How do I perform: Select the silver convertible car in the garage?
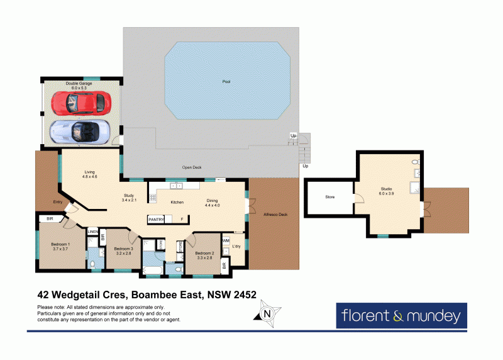coord(80,131)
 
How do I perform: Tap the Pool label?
coord(226,82)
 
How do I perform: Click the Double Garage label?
coord(80,83)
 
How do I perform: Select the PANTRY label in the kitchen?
coord(156,219)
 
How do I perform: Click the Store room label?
coord(330,197)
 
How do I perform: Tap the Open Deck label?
coord(192,167)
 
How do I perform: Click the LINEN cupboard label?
coord(92,232)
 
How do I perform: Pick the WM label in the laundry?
coord(226,240)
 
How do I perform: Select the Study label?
coord(129,196)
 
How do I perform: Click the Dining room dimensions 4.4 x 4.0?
coord(213,205)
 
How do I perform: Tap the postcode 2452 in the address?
coord(242,294)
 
